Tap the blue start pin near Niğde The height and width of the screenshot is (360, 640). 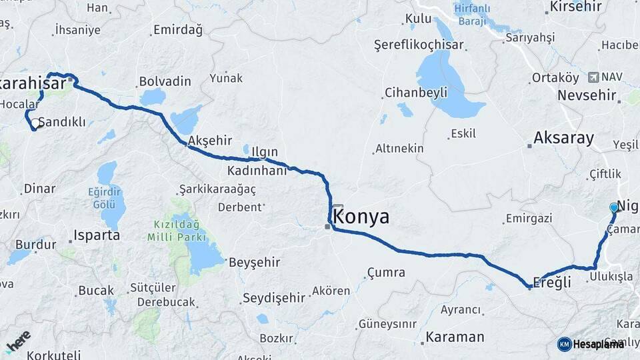(614, 208)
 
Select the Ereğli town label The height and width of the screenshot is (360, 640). (553, 282)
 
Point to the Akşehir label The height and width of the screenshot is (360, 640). (210, 141)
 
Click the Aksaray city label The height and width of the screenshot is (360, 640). (563, 139)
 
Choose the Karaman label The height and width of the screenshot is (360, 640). (455, 337)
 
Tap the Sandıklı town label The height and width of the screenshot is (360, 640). (62, 122)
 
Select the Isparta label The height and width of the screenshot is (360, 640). (97, 235)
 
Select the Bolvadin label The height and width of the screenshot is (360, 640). (165, 82)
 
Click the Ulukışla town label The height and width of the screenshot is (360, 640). (610, 277)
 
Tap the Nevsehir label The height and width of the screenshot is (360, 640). (587, 95)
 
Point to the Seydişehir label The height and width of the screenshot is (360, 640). (273, 297)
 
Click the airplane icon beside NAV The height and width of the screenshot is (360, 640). (594, 77)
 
